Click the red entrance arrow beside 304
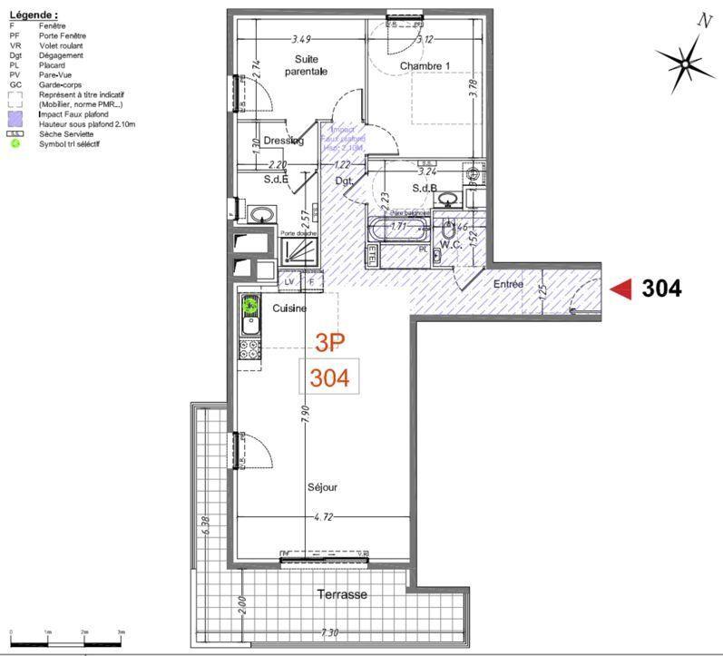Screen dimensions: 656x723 click(620, 289)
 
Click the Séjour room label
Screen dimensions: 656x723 click(322, 487)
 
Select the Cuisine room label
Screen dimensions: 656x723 click(289, 308)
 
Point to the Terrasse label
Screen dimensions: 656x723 click(342, 594)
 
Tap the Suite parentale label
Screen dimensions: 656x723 click(306, 65)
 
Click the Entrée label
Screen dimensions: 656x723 click(508, 284)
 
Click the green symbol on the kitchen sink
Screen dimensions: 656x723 click(249, 305)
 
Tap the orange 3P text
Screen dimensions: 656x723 click(330, 342)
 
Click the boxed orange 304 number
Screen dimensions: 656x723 click(329, 377)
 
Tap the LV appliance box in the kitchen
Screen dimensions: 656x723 click(289, 282)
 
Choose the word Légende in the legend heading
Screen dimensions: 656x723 click(31, 15)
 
